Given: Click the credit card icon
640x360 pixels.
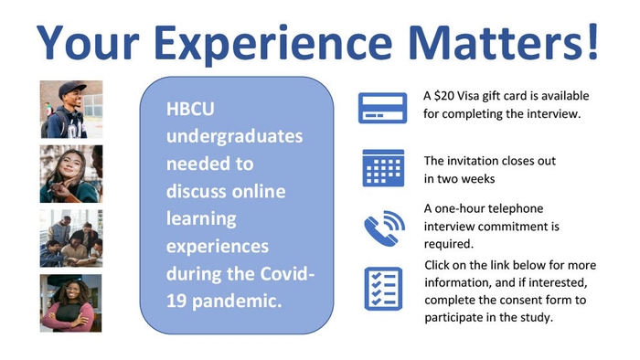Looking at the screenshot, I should [x=380, y=106].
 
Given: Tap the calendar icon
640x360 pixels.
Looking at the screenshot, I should [x=382, y=167].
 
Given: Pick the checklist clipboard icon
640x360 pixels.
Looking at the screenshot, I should [x=381, y=288].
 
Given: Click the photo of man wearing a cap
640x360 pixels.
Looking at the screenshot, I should [x=71, y=109].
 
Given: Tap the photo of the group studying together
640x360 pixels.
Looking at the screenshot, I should [x=71, y=238].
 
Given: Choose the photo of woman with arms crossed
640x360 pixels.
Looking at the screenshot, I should [x=71, y=302].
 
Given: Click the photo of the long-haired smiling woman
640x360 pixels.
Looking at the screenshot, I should [x=71, y=174].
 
